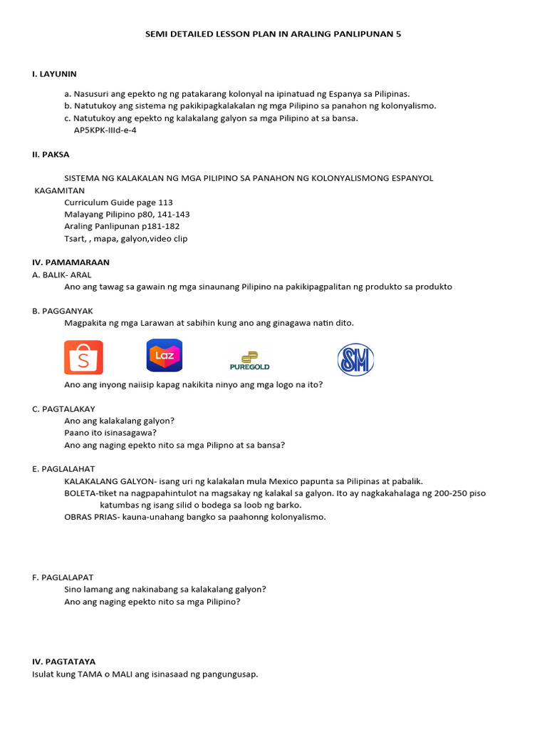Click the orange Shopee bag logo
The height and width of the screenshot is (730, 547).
[x=83, y=357]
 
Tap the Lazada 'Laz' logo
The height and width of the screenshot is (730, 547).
[x=165, y=356]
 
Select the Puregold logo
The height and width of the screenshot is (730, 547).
[x=249, y=361]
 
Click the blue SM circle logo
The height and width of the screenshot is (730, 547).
[x=355, y=359]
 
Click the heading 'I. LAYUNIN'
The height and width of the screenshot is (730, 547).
[x=54, y=73]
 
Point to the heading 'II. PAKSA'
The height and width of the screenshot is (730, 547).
[x=51, y=154]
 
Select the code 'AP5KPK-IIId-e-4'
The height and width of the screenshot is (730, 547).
[x=105, y=130]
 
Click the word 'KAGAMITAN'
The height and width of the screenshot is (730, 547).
[x=60, y=190]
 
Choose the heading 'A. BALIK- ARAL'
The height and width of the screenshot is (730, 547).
[x=62, y=274]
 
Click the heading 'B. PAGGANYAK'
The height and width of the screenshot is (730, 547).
[x=63, y=311]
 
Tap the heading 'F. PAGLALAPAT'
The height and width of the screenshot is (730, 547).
[x=63, y=577]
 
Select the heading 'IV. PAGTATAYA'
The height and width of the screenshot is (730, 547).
[x=63, y=662]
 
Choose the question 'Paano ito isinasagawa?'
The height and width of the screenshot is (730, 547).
[x=110, y=433]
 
